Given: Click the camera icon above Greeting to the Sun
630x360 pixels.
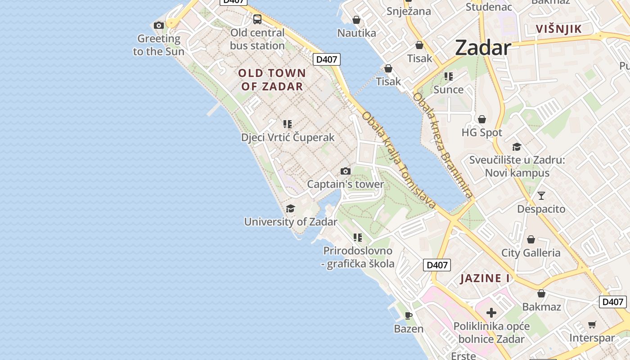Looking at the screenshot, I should (159, 26).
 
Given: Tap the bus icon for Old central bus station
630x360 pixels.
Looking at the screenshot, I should (257, 19).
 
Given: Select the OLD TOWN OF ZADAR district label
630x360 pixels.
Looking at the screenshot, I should (272, 80).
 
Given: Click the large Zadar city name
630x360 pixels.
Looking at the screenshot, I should (483, 48).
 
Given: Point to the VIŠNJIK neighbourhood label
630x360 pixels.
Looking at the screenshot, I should (559, 29).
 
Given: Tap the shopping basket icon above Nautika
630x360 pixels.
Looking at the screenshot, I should (356, 20).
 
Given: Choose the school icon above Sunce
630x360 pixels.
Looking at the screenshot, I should (448, 76).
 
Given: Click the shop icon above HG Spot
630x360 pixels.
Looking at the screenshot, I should (482, 119).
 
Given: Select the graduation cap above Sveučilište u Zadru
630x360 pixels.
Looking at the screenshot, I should (517, 147).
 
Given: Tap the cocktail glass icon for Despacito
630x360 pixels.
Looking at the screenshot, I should (541, 196).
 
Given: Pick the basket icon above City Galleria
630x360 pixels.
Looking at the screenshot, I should (531, 239).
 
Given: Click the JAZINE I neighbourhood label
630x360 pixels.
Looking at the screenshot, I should (485, 279).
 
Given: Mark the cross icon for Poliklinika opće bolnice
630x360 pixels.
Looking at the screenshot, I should (491, 312).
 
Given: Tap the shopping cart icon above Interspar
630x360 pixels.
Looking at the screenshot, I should (592, 324).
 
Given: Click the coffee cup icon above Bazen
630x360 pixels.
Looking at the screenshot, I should (409, 315).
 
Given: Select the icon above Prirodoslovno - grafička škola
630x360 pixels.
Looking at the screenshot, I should (358, 237).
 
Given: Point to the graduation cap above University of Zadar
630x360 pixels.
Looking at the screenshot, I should (291, 208).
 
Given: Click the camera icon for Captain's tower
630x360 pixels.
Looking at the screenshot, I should (346, 171).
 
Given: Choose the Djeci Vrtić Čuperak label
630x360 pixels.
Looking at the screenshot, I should (288, 138).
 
